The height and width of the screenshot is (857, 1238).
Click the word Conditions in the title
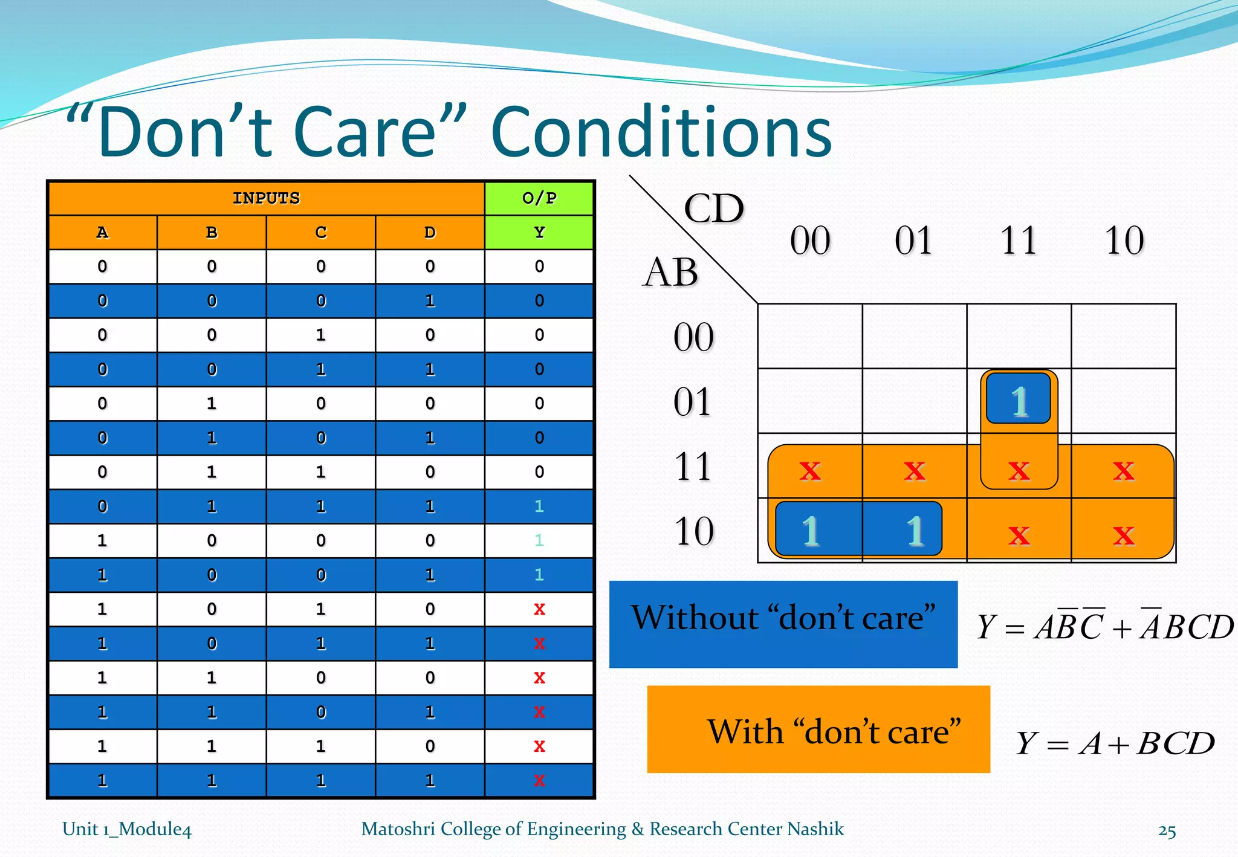pos(661,132)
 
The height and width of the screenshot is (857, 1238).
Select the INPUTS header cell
pos(266,198)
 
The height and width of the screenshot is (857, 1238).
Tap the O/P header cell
pos(539,198)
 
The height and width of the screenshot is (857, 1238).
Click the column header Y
pos(539,233)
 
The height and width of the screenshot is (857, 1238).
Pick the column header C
pos(320,233)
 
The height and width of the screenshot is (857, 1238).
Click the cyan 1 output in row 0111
pos(539,506)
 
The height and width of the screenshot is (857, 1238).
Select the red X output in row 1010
pos(539,609)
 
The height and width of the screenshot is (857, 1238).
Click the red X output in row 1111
pos(539,781)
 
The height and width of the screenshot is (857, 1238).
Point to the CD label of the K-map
pos(713,209)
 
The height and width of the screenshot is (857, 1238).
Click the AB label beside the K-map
pos(670,272)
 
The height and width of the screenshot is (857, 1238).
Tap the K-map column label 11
pos(1019,241)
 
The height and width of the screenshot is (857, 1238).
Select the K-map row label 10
pos(694,531)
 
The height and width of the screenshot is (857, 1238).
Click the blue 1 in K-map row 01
pos(1019,399)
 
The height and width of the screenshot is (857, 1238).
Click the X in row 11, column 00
pos(810,470)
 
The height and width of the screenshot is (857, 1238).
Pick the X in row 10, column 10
pos(1124,535)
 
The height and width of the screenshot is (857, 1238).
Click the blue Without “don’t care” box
pos(783,624)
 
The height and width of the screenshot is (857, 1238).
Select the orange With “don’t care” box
pos(818,729)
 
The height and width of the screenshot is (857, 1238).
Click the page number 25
pos(1167,831)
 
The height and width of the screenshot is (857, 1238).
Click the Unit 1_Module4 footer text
pos(127,829)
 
